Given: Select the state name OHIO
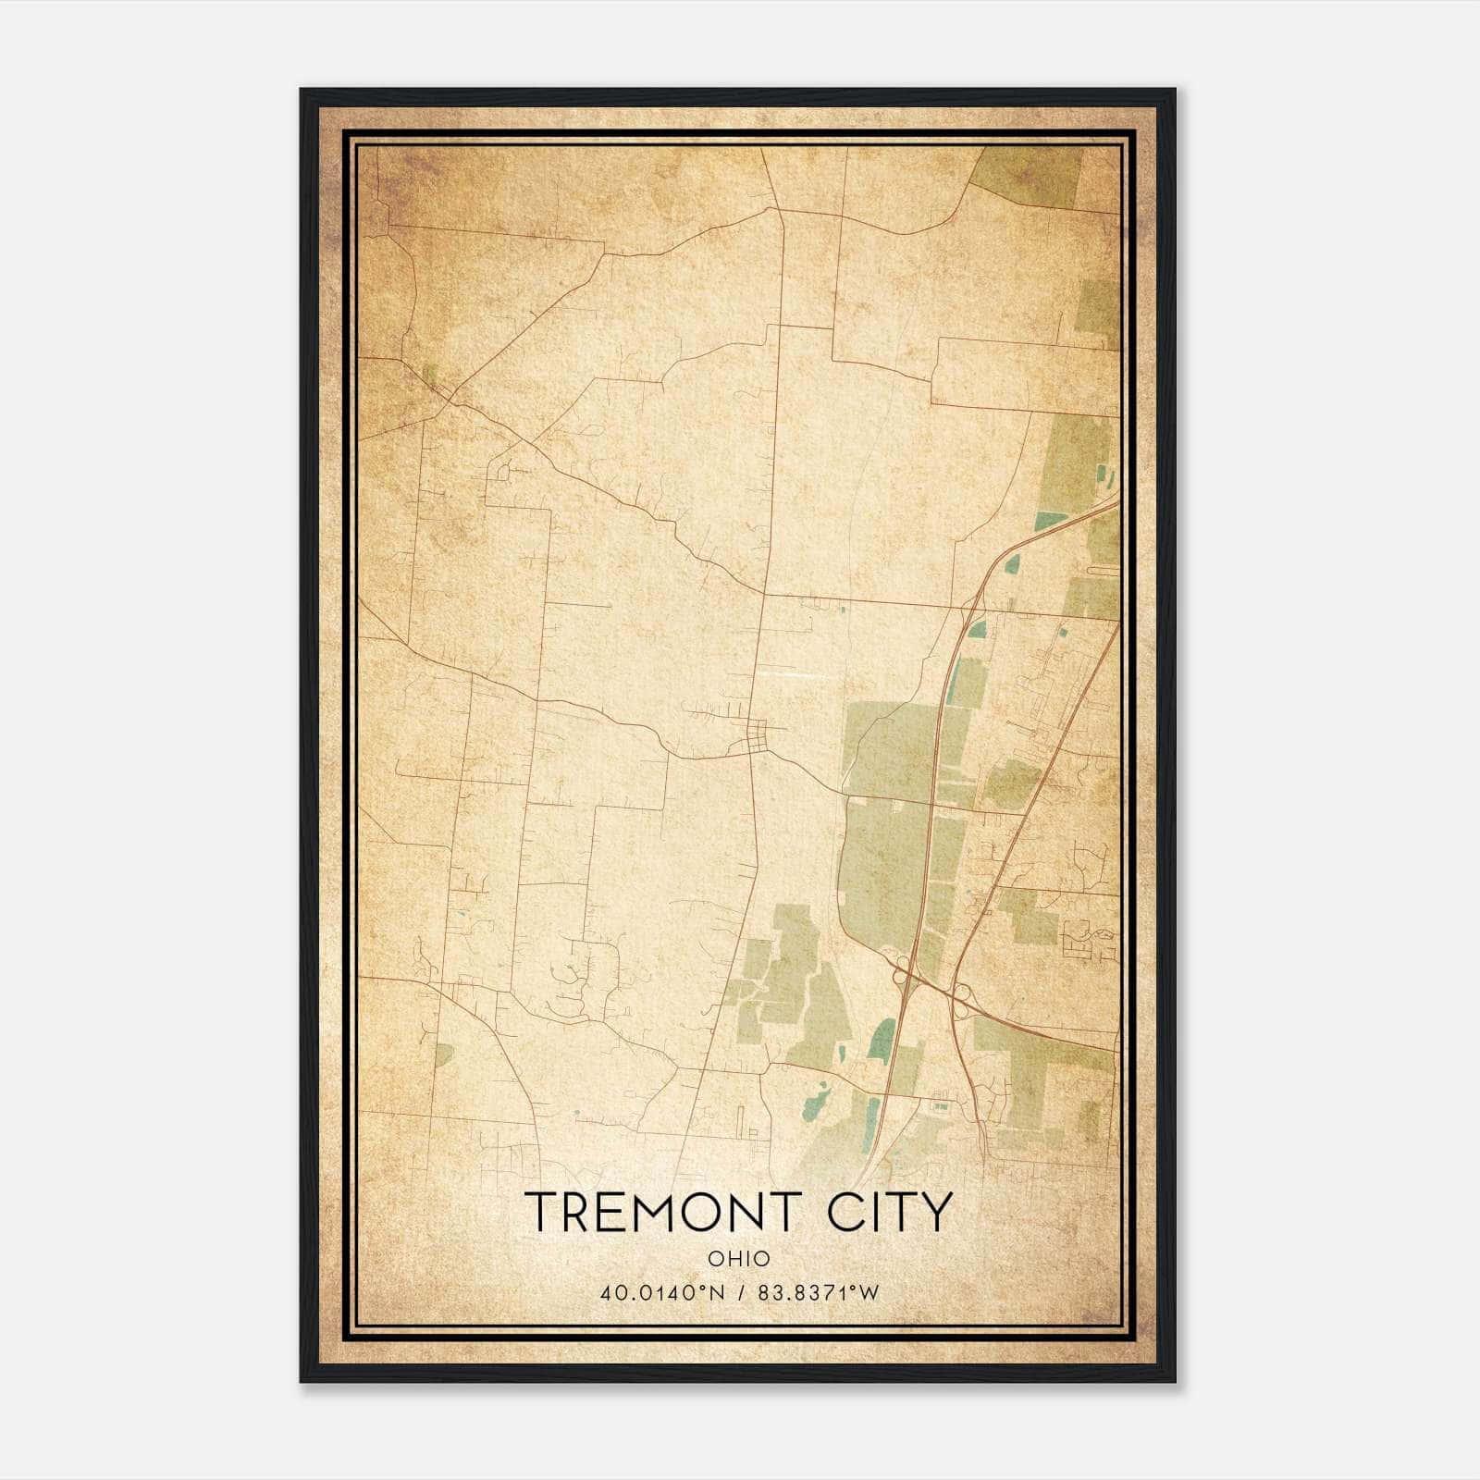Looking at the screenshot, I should click(739, 1258).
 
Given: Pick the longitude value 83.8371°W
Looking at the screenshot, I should click(819, 1292).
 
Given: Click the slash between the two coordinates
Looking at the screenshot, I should click(739, 1292).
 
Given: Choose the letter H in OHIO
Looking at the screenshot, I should click(729, 1258).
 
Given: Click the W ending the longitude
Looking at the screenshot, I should click(869, 1292).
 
